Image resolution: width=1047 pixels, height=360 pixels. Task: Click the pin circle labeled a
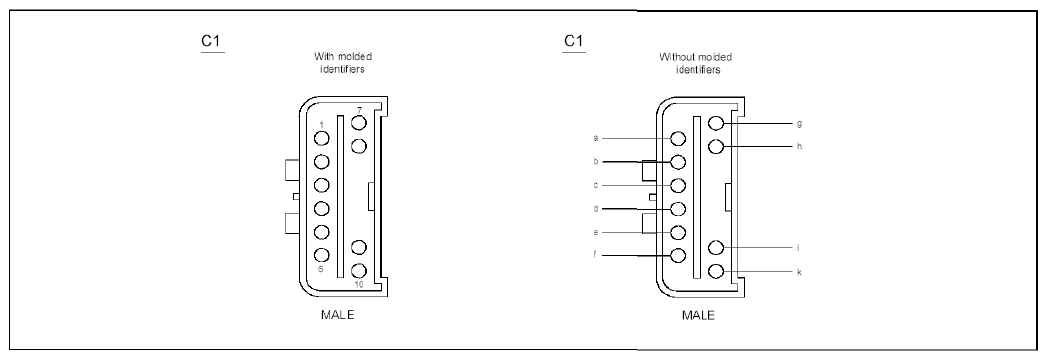pyautogui.click(x=678, y=138)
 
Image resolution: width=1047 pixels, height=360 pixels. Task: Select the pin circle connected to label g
pyautogui.click(x=716, y=123)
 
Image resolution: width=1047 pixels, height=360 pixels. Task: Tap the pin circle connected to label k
pyautogui.click(x=716, y=271)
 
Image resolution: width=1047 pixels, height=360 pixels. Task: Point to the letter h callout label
pyautogui.click(x=799, y=146)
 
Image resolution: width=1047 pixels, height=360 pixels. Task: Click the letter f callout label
pyautogui.click(x=594, y=255)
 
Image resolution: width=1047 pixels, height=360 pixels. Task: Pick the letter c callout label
pyautogui.click(x=595, y=185)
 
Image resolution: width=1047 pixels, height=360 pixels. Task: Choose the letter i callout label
pyautogui.click(x=799, y=247)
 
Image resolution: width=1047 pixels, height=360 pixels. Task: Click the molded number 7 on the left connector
pyautogui.click(x=359, y=110)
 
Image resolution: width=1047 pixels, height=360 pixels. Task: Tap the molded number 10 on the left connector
pyautogui.click(x=359, y=285)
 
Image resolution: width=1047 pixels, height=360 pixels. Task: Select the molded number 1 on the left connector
pyautogui.click(x=321, y=125)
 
